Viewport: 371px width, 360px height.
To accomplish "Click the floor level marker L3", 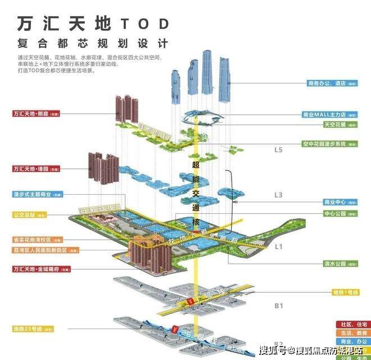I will point(278,194).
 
